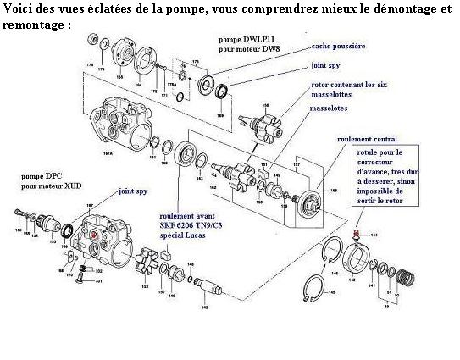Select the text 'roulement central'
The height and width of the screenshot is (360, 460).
(x=366, y=138)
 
